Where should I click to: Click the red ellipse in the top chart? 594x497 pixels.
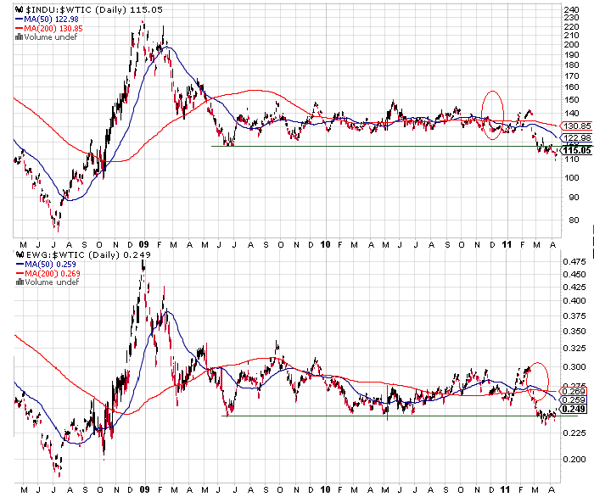click(x=492, y=114)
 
